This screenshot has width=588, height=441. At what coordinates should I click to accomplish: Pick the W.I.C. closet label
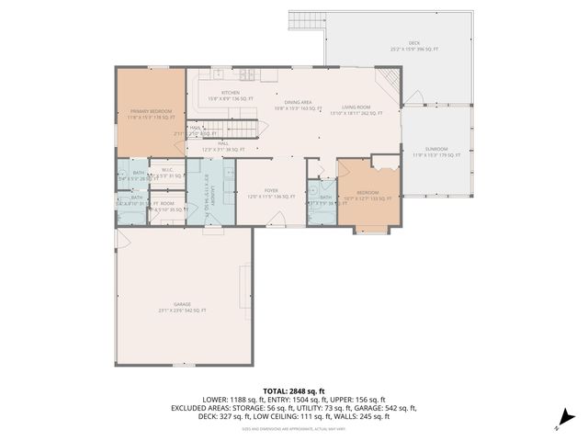pyautogui.click(x=168, y=171)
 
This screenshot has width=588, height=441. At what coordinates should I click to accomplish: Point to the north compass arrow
pyautogui.click(x=559, y=424)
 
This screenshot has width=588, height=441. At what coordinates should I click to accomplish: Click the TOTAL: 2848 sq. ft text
pyautogui.click(x=293, y=390)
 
